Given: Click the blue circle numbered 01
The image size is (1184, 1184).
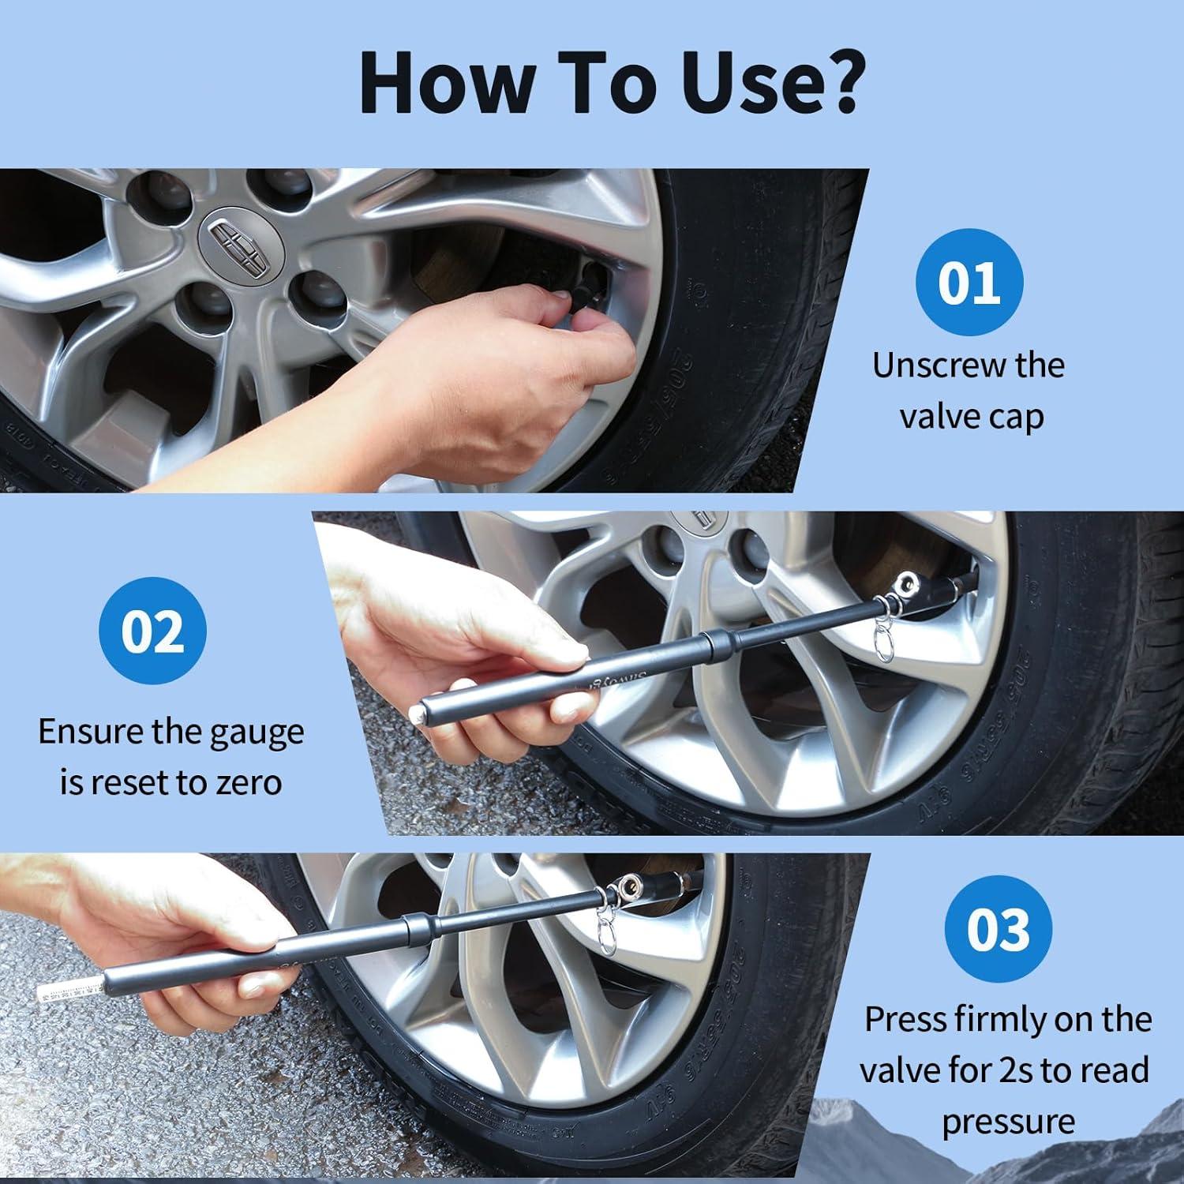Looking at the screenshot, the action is click(969, 283).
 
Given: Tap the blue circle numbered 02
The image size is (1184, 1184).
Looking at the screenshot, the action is click(152, 631).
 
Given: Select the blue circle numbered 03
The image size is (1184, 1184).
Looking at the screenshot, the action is click(999, 929).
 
